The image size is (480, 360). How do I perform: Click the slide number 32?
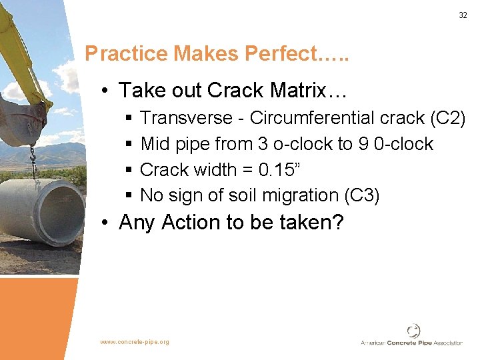463,15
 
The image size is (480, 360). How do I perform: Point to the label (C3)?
361,195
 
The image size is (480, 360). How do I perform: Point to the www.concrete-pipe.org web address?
135,342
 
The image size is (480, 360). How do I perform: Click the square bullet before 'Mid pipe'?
129,145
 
